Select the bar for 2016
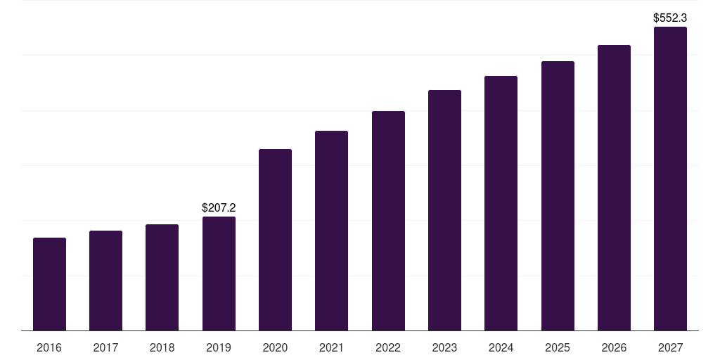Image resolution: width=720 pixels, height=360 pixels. pyautogui.click(x=49, y=284)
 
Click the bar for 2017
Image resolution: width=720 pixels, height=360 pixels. pyautogui.click(x=105, y=281)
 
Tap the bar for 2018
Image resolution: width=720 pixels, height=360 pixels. pyautogui.click(x=162, y=278)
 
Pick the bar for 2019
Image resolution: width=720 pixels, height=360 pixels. pyautogui.click(x=219, y=274)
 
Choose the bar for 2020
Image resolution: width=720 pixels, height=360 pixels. pyautogui.click(x=275, y=240)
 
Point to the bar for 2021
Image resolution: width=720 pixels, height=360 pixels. pyautogui.click(x=331, y=231)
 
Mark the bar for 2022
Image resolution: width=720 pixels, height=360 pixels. pyautogui.click(x=388, y=221)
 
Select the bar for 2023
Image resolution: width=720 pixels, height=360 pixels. pyautogui.click(x=444, y=210)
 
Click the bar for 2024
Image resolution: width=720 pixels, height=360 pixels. pyautogui.click(x=501, y=203)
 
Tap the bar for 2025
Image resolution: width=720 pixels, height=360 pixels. pyautogui.click(x=558, y=196)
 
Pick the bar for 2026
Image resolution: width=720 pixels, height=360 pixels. pyautogui.click(x=614, y=188)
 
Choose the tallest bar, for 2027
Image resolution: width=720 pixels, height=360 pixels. pyautogui.click(x=670, y=179)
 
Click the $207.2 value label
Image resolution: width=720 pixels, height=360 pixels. pyautogui.click(x=219, y=208)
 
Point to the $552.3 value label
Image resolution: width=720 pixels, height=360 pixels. pyautogui.click(x=670, y=18)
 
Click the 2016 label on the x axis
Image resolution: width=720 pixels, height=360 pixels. pyautogui.click(x=49, y=348)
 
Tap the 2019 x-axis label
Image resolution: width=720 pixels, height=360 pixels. pyautogui.click(x=219, y=348)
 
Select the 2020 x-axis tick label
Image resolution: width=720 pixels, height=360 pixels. pyautogui.click(x=275, y=348)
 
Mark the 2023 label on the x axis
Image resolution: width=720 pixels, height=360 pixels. pyautogui.click(x=444, y=348)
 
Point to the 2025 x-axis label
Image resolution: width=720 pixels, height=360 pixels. pyautogui.click(x=558, y=348)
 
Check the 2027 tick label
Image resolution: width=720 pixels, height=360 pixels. pyautogui.click(x=670, y=348)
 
